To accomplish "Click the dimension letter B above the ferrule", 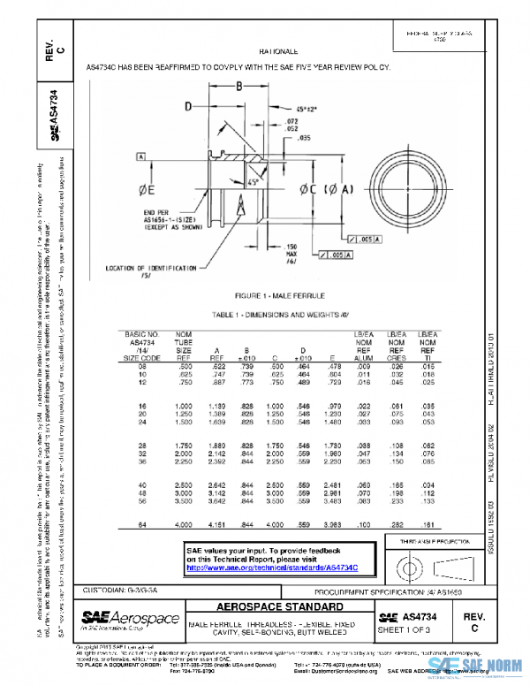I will pyautogui.click(x=238, y=86).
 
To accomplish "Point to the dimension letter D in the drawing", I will pyautogui.click(x=188, y=106).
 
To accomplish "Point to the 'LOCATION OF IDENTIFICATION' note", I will pyautogui.click(x=150, y=266).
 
